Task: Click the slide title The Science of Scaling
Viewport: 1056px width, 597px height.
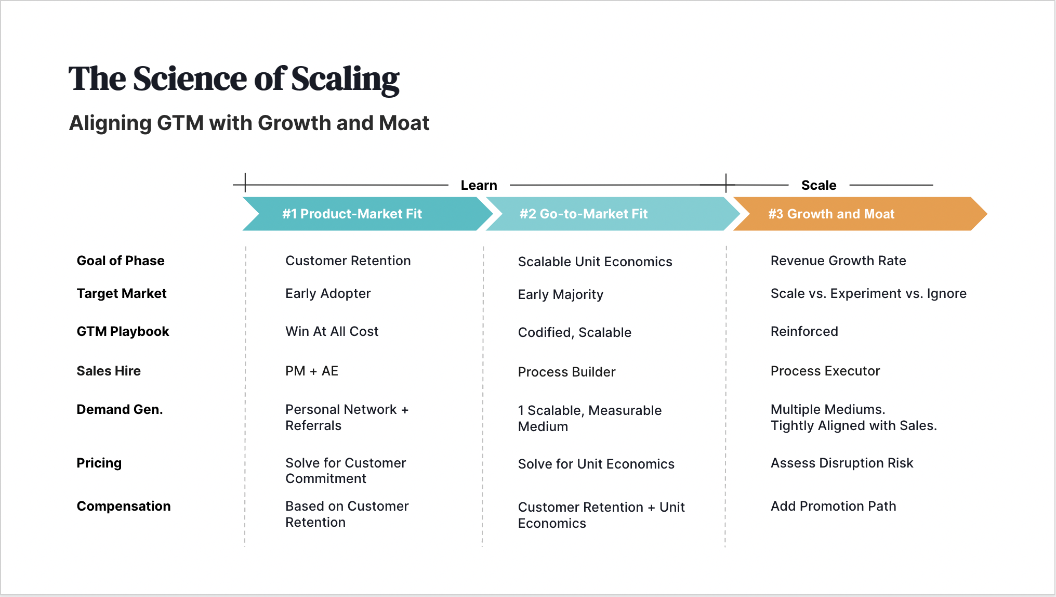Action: (233, 79)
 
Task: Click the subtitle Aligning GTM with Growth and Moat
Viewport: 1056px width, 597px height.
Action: (249, 123)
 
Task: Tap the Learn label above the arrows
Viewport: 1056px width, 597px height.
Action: (479, 185)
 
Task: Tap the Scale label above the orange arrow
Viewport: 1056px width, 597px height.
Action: (819, 185)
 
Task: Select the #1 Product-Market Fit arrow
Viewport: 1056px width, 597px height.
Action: (352, 214)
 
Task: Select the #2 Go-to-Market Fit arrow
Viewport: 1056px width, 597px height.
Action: (583, 214)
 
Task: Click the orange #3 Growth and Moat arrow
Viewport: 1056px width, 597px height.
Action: (831, 214)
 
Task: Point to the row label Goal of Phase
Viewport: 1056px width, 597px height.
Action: (121, 261)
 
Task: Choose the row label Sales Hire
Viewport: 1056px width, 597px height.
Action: (109, 371)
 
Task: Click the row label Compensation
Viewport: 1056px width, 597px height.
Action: (124, 506)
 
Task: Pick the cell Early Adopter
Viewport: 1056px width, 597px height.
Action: (328, 293)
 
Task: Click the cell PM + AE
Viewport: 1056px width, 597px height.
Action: (312, 371)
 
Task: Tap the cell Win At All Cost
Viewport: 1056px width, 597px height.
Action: (332, 331)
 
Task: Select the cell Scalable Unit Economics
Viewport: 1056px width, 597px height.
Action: (595, 262)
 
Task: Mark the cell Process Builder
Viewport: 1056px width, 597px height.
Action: (566, 372)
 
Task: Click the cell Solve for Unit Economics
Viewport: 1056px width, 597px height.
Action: (596, 464)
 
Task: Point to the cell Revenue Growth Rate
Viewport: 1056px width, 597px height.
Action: (838, 261)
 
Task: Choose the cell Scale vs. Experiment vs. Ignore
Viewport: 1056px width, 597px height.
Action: (868, 293)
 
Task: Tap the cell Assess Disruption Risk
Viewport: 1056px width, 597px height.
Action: (842, 463)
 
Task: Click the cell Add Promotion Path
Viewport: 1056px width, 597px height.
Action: (833, 506)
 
